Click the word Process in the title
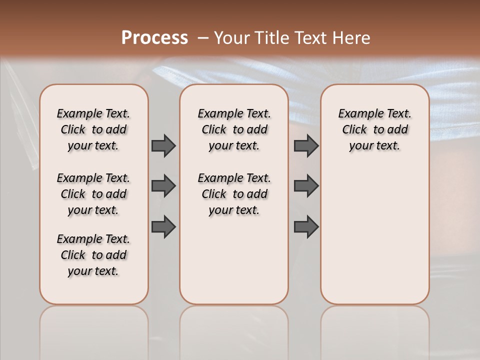[x=154, y=38]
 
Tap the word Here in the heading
[x=353, y=38]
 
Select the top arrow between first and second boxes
[x=163, y=145]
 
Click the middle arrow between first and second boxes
[x=163, y=186]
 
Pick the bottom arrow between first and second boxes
[x=163, y=226]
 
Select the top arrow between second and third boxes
[x=306, y=145]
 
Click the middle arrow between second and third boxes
[x=306, y=186]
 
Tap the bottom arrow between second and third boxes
[x=306, y=226]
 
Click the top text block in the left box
[x=93, y=129]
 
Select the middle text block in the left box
[x=93, y=194]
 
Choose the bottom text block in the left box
[x=93, y=255]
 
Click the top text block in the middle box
[x=234, y=129]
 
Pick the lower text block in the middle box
[x=234, y=194]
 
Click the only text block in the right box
[x=374, y=129]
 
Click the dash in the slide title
[x=203, y=38]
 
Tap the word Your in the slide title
[x=230, y=38]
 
